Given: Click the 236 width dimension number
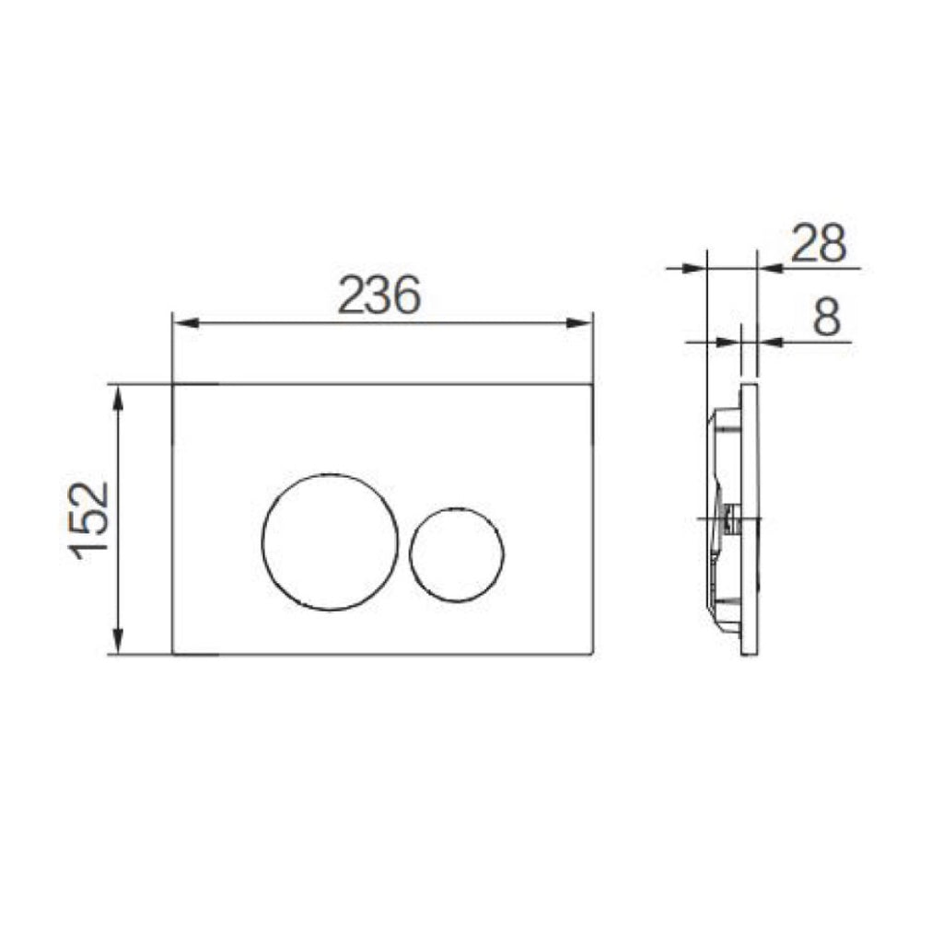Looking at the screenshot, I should (x=378, y=296).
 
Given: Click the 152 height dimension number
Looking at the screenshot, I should (x=92, y=520).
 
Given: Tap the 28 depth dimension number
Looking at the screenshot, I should (x=819, y=244).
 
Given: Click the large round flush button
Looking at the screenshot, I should (x=330, y=541).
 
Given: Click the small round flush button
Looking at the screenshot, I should (x=457, y=553).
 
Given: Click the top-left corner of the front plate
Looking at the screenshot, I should (x=173, y=384).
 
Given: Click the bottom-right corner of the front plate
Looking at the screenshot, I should (x=591, y=655).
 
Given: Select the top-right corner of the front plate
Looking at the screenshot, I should (x=591, y=384).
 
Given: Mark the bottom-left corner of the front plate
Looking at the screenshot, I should (x=173, y=655).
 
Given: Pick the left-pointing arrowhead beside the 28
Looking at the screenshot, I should (x=770, y=268).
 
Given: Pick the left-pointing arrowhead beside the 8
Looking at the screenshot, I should (x=770, y=342).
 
